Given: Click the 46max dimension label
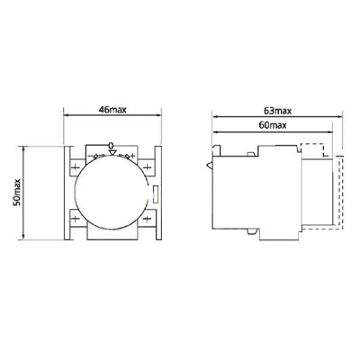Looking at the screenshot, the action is tap(112, 110).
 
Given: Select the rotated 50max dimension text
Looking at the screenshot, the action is tap(17, 193).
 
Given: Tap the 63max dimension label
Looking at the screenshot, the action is tap(277, 111).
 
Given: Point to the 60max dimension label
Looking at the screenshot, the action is tap(273, 125).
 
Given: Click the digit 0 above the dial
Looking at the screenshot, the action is tap(111, 146).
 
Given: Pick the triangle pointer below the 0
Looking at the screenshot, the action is tap(112, 153).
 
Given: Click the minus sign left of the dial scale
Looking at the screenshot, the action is tap(90, 156).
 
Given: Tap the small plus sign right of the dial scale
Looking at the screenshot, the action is tap(132, 156).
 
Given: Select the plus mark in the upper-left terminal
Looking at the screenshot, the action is tap(75, 167).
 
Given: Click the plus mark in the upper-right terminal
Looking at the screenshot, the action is tap(147, 166).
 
